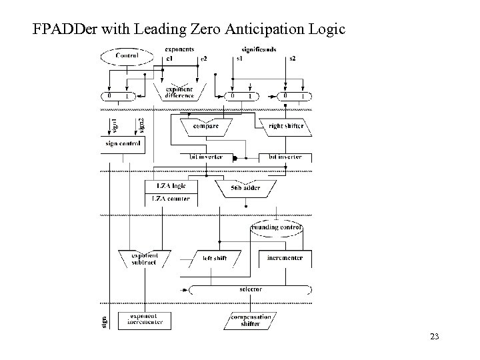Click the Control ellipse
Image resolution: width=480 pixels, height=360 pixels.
point(126,57)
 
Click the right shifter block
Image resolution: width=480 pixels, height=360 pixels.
point(285,125)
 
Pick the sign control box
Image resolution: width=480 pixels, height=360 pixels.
point(122,143)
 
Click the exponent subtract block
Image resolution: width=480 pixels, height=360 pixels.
point(143,257)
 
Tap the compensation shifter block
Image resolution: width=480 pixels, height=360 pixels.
point(246,320)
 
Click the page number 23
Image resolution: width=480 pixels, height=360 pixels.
point(434,337)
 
